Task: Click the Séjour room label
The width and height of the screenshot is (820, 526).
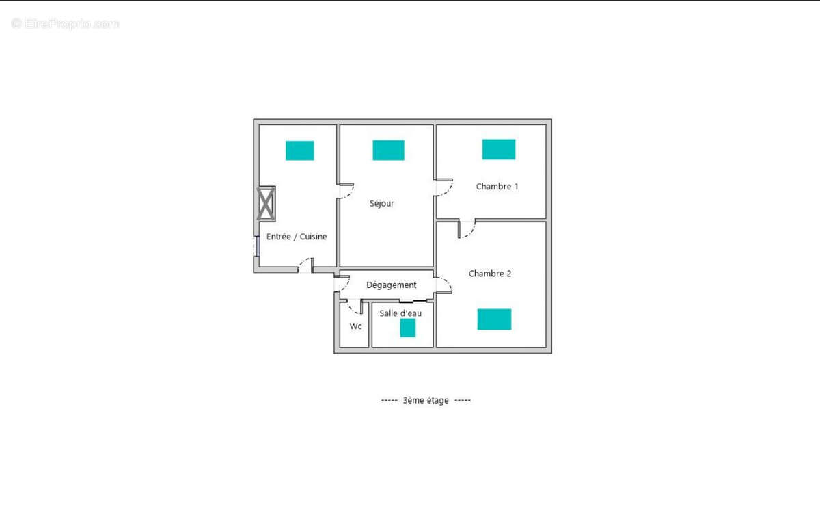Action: pyautogui.click(x=382, y=203)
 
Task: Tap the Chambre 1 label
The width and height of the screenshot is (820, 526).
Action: pyautogui.click(x=497, y=186)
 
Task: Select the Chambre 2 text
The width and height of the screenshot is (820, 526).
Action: pyautogui.click(x=490, y=274)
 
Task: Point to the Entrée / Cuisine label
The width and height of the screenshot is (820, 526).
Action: pyautogui.click(x=297, y=237)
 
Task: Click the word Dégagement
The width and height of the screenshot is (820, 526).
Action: pyautogui.click(x=392, y=285)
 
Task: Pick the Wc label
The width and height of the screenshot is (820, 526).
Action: pyautogui.click(x=355, y=326)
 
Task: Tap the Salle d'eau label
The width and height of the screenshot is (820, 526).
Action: pyautogui.click(x=400, y=313)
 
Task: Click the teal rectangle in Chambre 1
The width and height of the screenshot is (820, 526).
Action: pyautogui.click(x=499, y=149)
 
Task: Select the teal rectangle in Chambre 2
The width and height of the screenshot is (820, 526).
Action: pyautogui.click(x=494, y=319)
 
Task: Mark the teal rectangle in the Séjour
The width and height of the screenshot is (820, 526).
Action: pyautogui.click(x=388, y=150)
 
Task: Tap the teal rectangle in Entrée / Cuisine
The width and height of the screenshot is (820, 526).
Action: pyautogui.click(x=299, y=150)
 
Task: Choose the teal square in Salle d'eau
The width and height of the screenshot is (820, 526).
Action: pyautogui.click(x=408, y=328)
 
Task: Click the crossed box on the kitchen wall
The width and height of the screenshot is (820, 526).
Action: pyautogui.click(x=266, y=203)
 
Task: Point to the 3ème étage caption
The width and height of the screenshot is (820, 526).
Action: pyautogui.click(x=426, y=400)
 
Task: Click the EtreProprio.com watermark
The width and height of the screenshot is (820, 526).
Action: pyautogui.click(x=66, y=23)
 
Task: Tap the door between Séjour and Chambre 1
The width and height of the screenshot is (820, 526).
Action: pyautogui.click(x=443, y=187)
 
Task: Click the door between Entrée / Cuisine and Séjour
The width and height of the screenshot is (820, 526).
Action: pyautogui.click(x=345, y=191)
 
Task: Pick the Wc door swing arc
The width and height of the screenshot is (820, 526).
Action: pyautogui.click(x=354, y=306)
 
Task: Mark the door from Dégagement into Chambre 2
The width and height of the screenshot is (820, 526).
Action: pyautogui.click(x=443, y=285)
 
